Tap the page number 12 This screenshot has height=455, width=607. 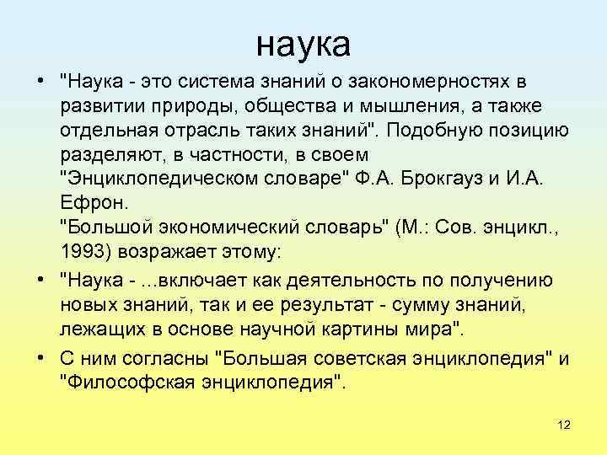[564, 425]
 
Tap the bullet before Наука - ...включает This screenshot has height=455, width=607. [40, 281]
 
